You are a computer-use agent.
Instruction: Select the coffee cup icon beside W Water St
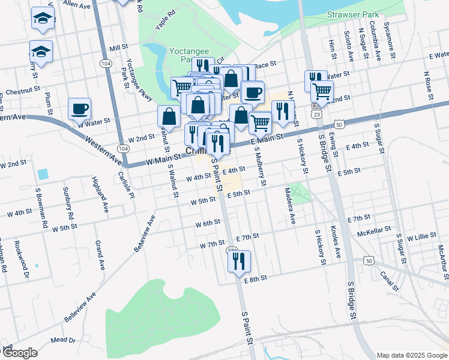(x=79, y=109)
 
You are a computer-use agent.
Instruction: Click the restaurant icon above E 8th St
(x=240, y=261)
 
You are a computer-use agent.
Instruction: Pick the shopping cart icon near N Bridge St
(x=322, y=91)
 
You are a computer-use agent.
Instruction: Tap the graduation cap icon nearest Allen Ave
(x=43, y=19)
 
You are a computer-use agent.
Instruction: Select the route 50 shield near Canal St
(x=368, y=260)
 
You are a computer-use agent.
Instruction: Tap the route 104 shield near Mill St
(x=106, y=63)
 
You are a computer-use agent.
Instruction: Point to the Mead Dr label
(x=63, y=340)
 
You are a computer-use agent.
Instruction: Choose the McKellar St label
(x=374, y=230)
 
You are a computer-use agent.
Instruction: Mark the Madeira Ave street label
(x=289, y=206)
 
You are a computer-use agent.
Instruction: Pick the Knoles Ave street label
(x=335, y=242)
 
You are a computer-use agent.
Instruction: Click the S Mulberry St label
(x=261, y=166)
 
